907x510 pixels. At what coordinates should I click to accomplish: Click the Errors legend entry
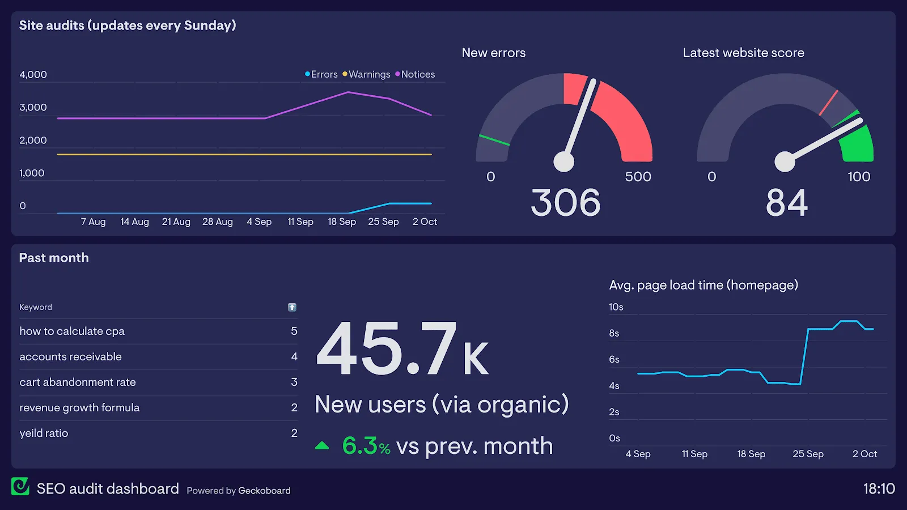click(x=321, y=74)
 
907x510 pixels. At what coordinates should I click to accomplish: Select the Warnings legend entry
click(x=367, y=74)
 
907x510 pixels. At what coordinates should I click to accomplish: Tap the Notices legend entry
click(x=416, y=74)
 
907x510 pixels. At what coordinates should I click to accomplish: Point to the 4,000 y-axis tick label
click(x=33, y=75)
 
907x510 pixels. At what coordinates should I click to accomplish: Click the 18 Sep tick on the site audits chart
click(x=342, y=222)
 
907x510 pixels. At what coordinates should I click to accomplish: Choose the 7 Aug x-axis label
click(x=94, y=222)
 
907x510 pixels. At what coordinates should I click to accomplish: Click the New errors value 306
click(x=566, y=203)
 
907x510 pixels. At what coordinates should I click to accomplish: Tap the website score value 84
click(x=786, y=203)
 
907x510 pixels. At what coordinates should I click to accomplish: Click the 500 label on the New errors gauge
click(x=638, y=177)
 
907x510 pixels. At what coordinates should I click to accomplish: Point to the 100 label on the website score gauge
click(x=859, y=177)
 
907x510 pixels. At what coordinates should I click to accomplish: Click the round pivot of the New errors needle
click(x=564, y=161)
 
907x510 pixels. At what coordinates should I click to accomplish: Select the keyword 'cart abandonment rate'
click(x=78, y=382)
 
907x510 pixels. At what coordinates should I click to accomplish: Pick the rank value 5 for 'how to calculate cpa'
click(x=294, y=331)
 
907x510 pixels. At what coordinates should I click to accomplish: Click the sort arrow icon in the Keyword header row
click(x=292, y=307)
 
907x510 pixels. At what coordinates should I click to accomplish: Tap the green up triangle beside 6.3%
click(x=322, y=445)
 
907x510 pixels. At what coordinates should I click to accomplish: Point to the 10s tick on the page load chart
click(x=616, y=307)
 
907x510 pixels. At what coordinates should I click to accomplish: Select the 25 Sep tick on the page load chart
click(x=808, y=454)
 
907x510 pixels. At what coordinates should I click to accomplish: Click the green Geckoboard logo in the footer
click(x=20, y=486)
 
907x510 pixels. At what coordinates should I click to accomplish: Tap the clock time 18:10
click(x=879, y=488)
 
